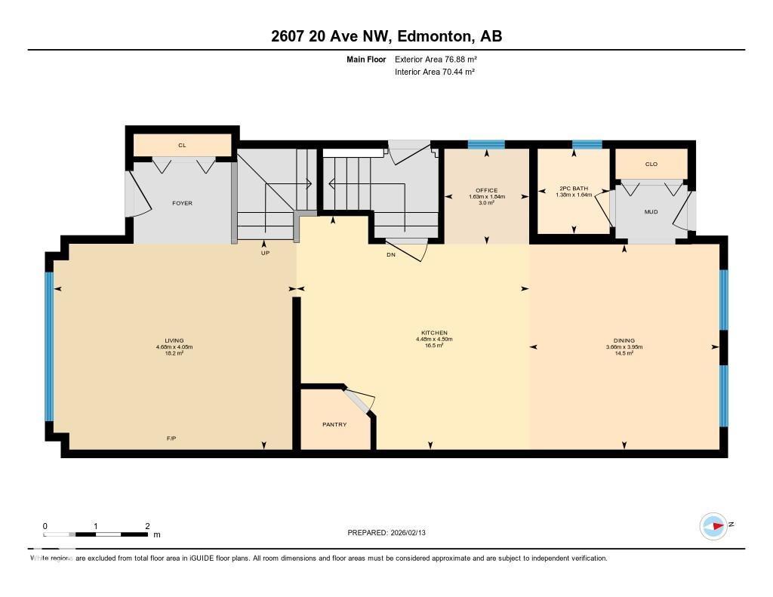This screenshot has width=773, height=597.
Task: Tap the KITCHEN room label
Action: click(434, 333)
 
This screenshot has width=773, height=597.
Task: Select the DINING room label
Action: click(624, 340)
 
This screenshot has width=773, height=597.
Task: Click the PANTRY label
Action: click(334, 425)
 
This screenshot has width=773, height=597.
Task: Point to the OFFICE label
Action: click(486, 190)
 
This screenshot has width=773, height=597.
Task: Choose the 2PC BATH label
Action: click(573, 188)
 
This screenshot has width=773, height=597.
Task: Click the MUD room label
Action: click(651, 212)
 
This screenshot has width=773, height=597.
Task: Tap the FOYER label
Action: click(182, 203)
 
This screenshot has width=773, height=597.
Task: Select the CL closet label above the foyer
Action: click(182, 145)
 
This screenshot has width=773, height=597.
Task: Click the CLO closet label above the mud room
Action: click(651, 164)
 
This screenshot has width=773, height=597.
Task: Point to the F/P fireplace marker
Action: click(172, 439)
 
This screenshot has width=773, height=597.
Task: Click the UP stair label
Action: click(265, 253)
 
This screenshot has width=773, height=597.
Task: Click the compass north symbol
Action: click(714, 525)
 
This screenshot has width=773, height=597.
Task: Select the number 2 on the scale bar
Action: click(147, 526)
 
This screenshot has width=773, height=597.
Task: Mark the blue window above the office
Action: click(485, 145)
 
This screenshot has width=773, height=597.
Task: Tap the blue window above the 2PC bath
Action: click(587, 145)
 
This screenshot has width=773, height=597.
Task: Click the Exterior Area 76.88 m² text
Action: click(436, 59)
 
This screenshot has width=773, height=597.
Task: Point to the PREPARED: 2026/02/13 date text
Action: click(391, 533)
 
